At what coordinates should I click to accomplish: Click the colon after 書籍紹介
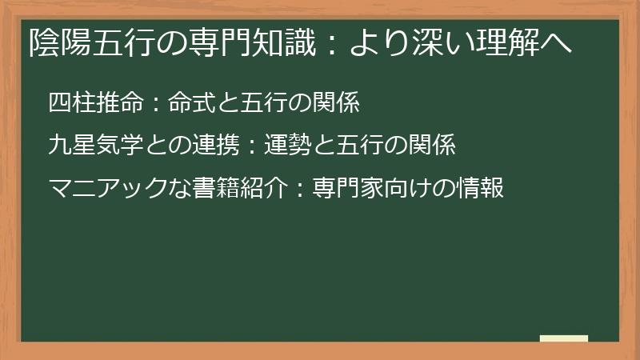click(294, 190)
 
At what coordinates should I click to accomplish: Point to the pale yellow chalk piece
click(564, 339)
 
